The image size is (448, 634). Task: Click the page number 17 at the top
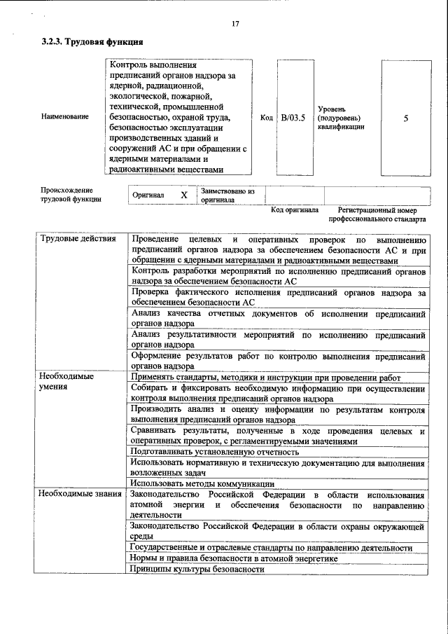235,25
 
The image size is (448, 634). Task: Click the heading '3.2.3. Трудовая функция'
88,42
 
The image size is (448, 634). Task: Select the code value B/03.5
293,118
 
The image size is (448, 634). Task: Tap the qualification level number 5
406,118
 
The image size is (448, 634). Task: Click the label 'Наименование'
65,116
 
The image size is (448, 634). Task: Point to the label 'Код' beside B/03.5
266,118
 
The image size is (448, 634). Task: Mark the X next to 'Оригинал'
183,195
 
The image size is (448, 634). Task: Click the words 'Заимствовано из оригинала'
227,195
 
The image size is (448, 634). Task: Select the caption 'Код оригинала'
295,209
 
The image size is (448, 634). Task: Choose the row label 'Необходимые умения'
67,381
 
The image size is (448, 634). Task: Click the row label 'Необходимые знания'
79,495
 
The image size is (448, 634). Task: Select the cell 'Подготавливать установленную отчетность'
215,452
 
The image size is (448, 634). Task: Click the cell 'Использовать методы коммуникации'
202,483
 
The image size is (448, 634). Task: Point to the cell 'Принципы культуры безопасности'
197,569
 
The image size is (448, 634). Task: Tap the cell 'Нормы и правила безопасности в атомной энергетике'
234,558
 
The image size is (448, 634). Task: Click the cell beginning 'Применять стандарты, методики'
266,377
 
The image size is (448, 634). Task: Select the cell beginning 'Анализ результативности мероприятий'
278,340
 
